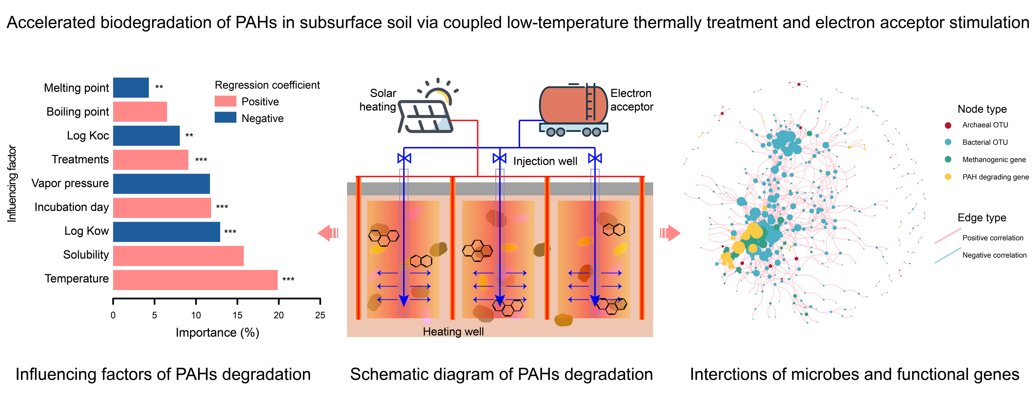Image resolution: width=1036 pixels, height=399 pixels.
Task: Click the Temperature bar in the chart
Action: click(x=195, y=280)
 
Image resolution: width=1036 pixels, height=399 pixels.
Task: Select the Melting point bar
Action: click(x=131, y=88)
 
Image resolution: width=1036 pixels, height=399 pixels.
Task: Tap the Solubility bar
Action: click(x=178, y=256)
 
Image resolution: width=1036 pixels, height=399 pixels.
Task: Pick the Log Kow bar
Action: click(x=166, y=232)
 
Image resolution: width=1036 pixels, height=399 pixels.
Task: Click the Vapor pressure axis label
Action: click(x=70, y=183)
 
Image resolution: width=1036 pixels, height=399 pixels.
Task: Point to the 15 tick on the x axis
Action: click(x=237, y=315)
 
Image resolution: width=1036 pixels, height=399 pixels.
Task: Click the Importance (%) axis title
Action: click(x=217, y=333)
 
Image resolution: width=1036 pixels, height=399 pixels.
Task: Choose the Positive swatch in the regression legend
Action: click(x=225, y=101)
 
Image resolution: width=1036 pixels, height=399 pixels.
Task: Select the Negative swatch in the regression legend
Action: click(x=225, y=117)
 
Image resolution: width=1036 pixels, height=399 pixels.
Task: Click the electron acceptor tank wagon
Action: click(x=573, y=109)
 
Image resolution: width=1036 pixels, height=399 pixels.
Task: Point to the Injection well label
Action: click(x=545, y=162)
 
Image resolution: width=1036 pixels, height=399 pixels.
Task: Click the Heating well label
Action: click(x=453, y=332)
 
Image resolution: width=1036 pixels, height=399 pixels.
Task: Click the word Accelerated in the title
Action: click(x=51, y=23)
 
